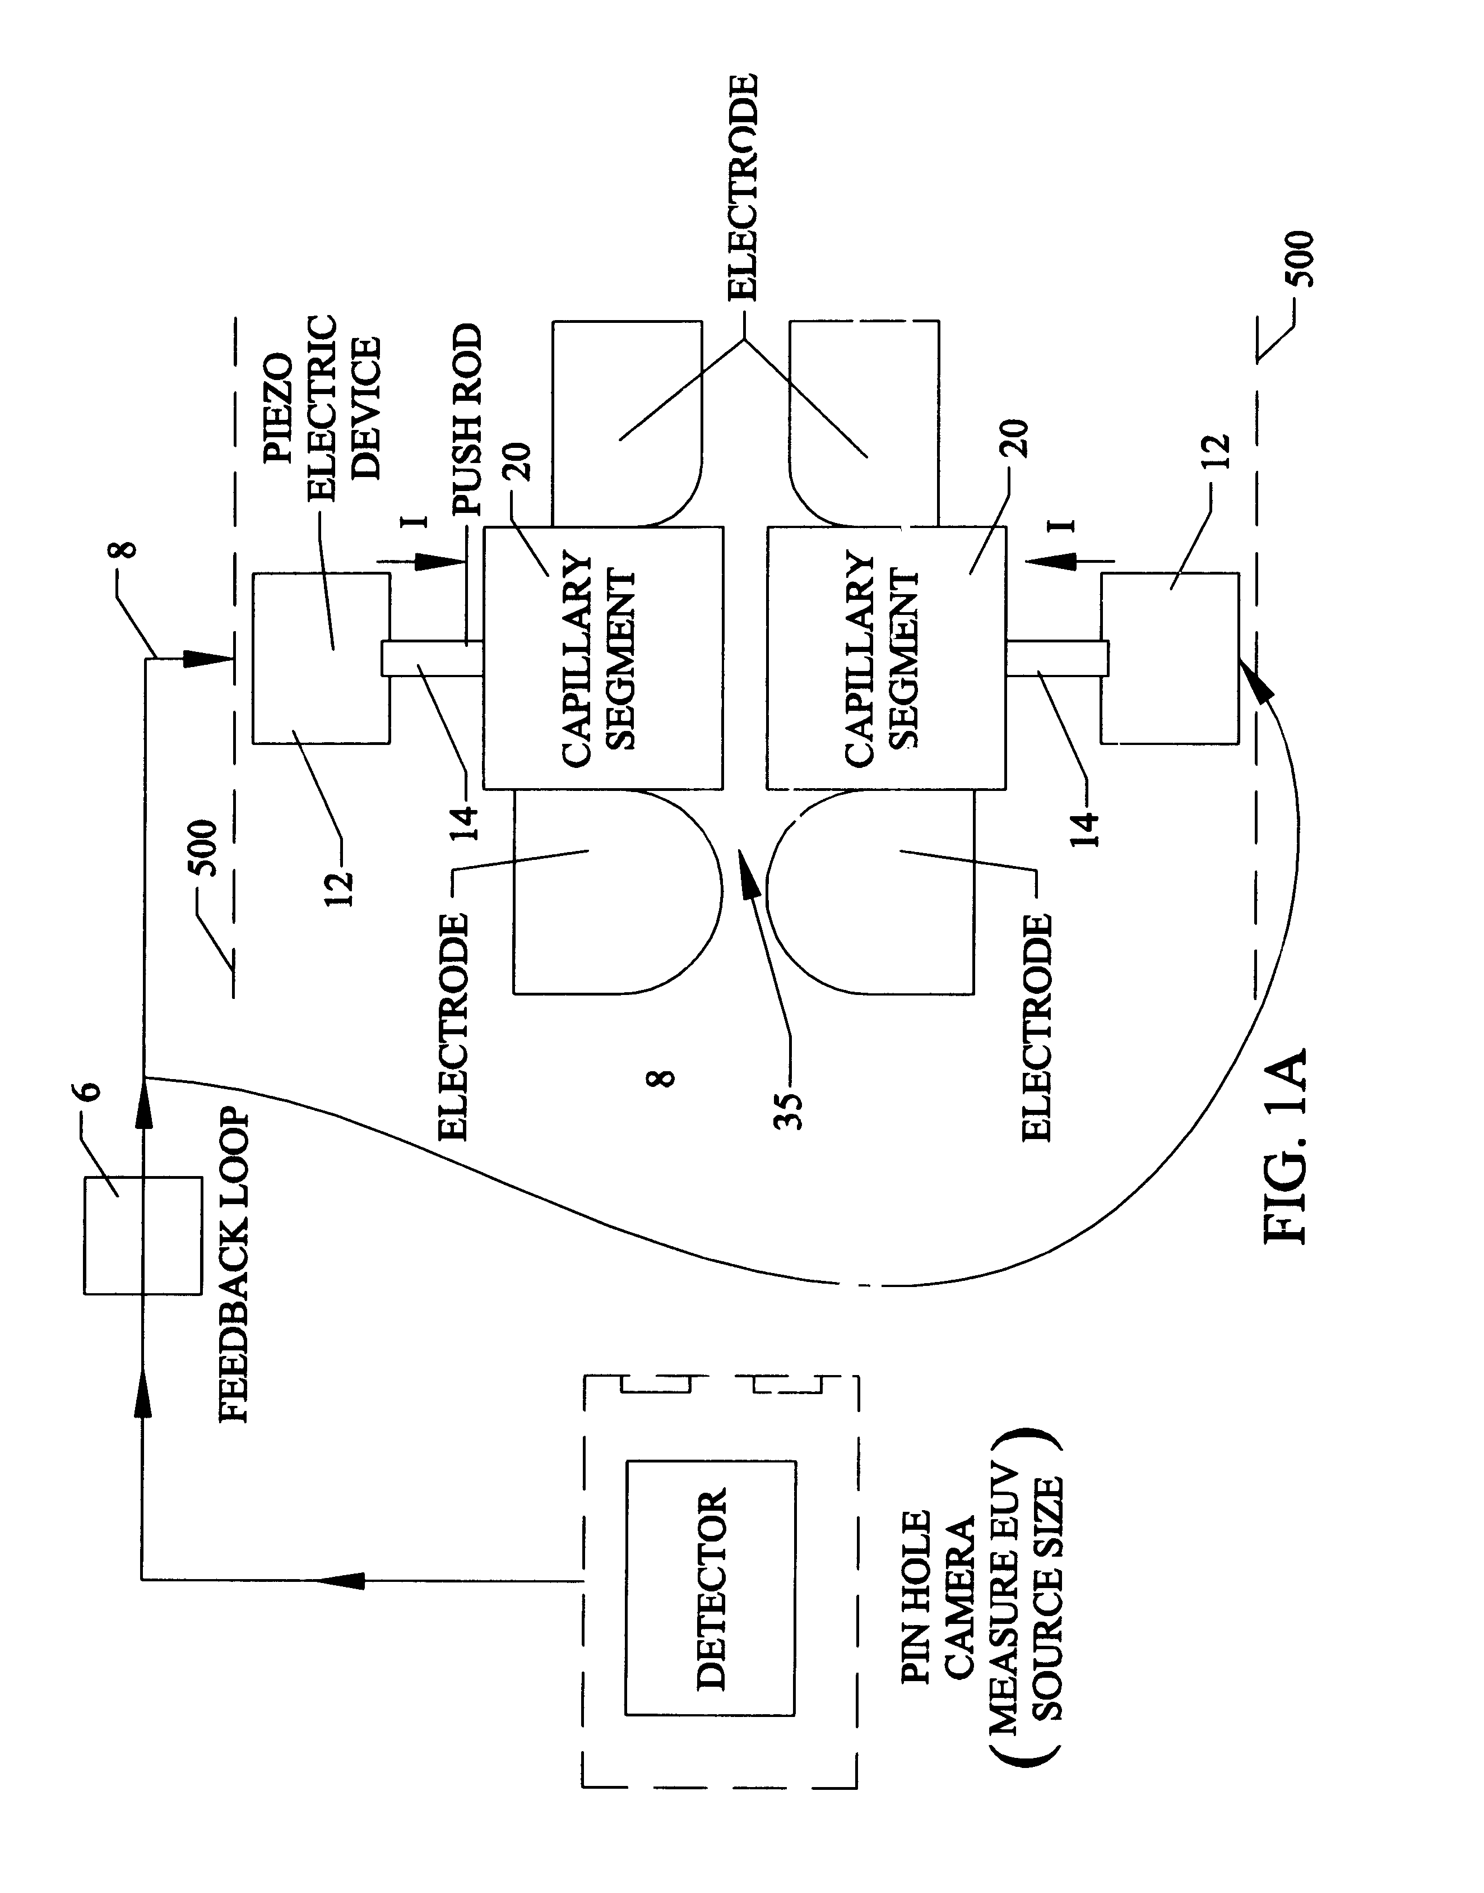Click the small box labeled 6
pos(141,1235)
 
